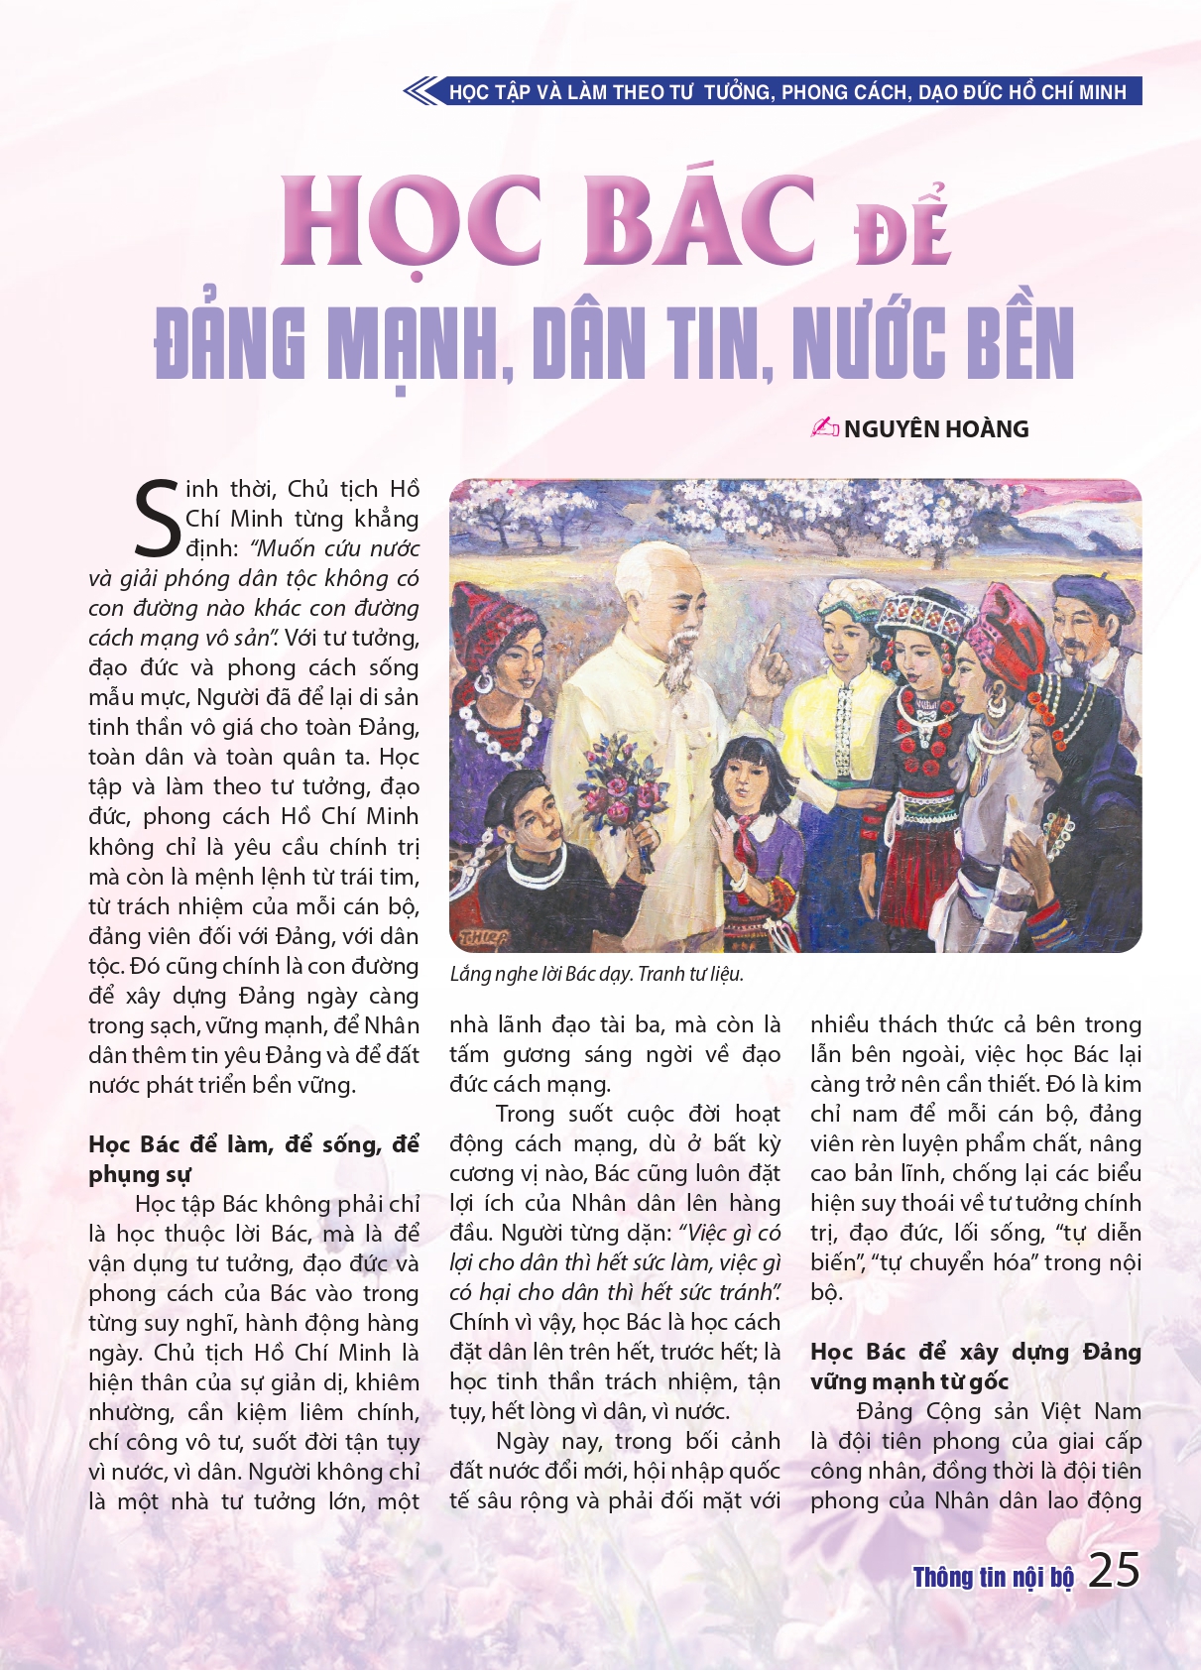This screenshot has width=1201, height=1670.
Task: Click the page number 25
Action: tap(1114, 1571)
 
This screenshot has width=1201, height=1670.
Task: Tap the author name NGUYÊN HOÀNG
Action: tap(936, 429)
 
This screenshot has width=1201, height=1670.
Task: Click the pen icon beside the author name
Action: tap(824, 427)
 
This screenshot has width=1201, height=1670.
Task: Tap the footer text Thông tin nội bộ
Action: tap(993, 1577)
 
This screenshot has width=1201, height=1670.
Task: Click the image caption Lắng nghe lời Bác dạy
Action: tap(541, 974)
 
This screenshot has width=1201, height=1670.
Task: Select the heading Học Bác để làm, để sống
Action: tap(253, 1145)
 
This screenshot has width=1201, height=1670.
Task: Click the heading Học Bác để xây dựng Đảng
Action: tap(975, 1353)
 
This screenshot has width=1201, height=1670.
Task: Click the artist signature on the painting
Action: tap(483, 936)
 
